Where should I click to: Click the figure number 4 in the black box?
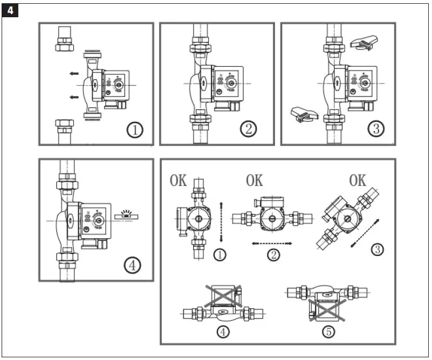[x=10, y=10]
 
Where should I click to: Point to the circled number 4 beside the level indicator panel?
[x=132, y=265]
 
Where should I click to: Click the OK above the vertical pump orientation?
[x=179, y=181]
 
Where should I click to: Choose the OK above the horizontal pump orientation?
[x=255, y=181]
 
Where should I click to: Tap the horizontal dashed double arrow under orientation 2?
[x=272, y=244]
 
